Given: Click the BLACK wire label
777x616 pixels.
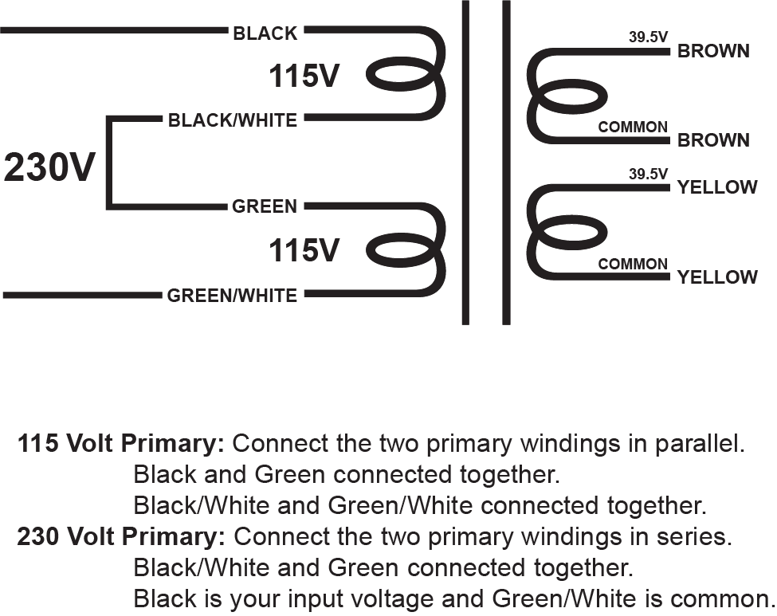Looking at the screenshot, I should (x=265, y=33).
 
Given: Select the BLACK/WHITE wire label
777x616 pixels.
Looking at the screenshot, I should (x=232, y=120).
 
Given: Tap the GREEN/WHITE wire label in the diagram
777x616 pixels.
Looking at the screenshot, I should (x=232, y=296).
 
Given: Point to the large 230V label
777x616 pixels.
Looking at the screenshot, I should (x=49, y=168).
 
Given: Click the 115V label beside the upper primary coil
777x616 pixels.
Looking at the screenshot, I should (x=304, y=77).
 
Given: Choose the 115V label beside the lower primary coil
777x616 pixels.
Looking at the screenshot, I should (x=304, y=251).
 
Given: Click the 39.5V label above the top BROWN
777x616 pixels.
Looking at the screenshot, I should (x=648, y=37).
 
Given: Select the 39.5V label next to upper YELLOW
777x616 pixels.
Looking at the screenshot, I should (x=648, y=174).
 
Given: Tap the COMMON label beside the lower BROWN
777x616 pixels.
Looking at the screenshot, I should (x=633, y=128).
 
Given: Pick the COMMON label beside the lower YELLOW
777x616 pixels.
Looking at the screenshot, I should (x=633, y=264).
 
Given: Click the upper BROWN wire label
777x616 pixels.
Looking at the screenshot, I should (x=713, y=51).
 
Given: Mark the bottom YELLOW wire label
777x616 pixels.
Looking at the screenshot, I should (x=717, y=277).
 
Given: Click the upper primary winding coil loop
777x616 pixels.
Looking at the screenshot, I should (x=401, y=77).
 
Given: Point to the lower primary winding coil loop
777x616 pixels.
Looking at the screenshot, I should (x=401, y=251).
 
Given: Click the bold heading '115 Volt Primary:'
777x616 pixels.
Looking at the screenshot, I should (x=121, y=443).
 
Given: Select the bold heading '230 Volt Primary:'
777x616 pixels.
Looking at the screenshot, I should (x=121, y=537).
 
